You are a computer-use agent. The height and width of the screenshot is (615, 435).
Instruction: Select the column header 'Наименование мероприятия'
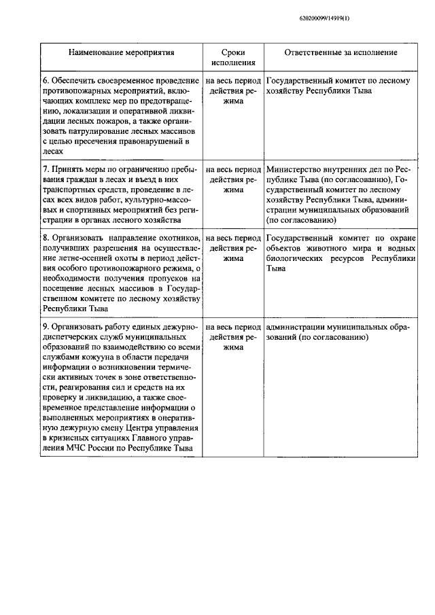click(120, 52)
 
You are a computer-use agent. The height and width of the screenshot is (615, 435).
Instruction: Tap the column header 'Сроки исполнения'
click(234, 57)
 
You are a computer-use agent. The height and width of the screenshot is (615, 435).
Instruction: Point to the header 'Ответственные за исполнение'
click(341, 52)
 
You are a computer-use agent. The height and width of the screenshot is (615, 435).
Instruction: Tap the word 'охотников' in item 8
click(179, 239)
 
